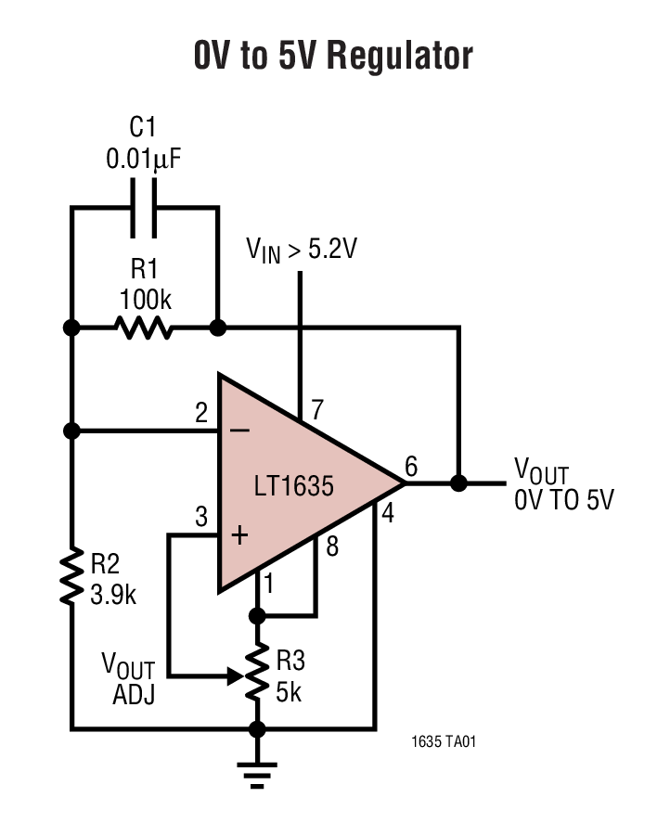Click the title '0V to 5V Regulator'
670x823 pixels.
333,56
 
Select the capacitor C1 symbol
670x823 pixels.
144,208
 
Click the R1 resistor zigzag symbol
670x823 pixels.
143,328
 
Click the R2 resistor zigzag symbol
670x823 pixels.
71,578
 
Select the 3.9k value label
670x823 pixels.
112,595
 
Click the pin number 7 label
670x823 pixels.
318,409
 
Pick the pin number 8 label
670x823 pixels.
331,547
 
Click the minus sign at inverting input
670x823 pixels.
239,431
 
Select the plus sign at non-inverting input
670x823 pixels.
239,535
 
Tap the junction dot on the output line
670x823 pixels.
458,483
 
